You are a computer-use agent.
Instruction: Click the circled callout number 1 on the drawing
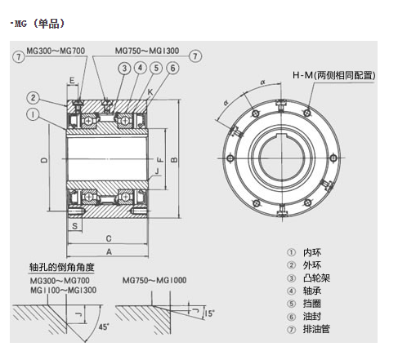coord(30,114)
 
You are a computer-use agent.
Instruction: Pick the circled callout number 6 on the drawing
coord(172,68)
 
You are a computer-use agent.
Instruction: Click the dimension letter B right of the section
coord(174,160)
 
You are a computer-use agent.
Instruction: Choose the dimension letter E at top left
coord(72,80)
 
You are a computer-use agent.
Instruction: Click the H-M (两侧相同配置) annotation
coord(335,75)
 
